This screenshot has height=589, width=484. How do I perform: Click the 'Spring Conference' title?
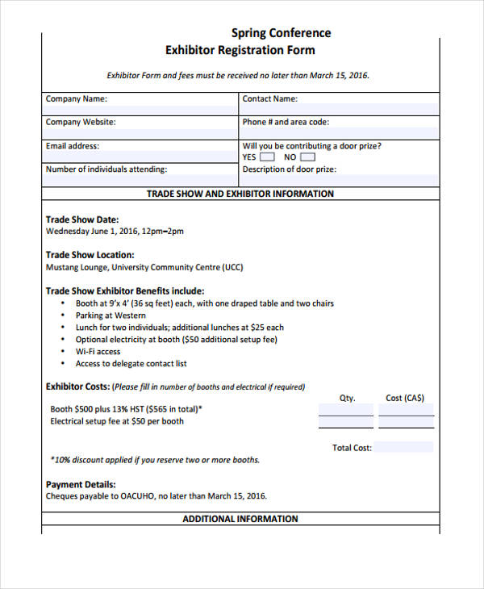pyautogui.click(x=281, y=33)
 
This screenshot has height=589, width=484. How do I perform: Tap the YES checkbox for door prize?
pyautogui.click(x=267, y=157)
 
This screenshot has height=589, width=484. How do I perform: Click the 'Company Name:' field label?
pyautogui.click(x=76, y=99)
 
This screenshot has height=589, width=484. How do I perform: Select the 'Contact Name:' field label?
pyautogui.click(x=269, y=99)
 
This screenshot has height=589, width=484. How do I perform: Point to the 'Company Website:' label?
pyautogui.click(x=80, y=123)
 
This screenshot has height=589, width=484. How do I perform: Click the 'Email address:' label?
pyautogui.click(x=73, y=146)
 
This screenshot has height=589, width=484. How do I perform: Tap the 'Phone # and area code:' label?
pyautogui.click(x=286, y=123)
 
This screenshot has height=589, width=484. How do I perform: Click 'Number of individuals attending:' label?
pyautogui.click(x=106, y=169)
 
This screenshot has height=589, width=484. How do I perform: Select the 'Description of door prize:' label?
pyautogui.click(x=290, y=169)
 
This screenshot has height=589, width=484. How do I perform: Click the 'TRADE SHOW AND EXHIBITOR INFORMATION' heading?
pyautogui.click(x=240, y=194)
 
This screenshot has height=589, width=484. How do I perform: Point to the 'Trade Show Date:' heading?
pyautogui.click(x=82, y=219)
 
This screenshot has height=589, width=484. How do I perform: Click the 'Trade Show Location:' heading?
pyautogui.click(x=90, y=255)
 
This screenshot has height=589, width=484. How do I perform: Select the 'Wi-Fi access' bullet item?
pyautogui.click(x=98, y=352)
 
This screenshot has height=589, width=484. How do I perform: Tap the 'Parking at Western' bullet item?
pyautogui.click(x=111, y=315)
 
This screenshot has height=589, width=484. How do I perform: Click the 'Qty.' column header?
pyautogui.click(x=347, y=398)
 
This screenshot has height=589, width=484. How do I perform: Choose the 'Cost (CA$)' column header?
pyautogui.click(x=405, y=398)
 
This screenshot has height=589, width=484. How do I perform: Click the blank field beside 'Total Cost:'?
pyautogui.click(x=403, y=447)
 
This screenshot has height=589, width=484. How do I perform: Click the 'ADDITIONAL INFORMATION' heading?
pyautogui.click(x=240, y=519)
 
